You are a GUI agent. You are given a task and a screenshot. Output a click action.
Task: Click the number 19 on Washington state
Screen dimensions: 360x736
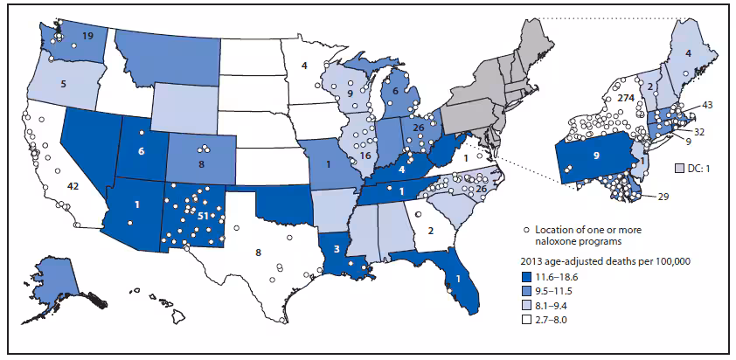[88, 36]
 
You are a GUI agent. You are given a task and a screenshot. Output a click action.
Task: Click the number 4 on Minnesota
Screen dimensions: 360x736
[304, 65]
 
